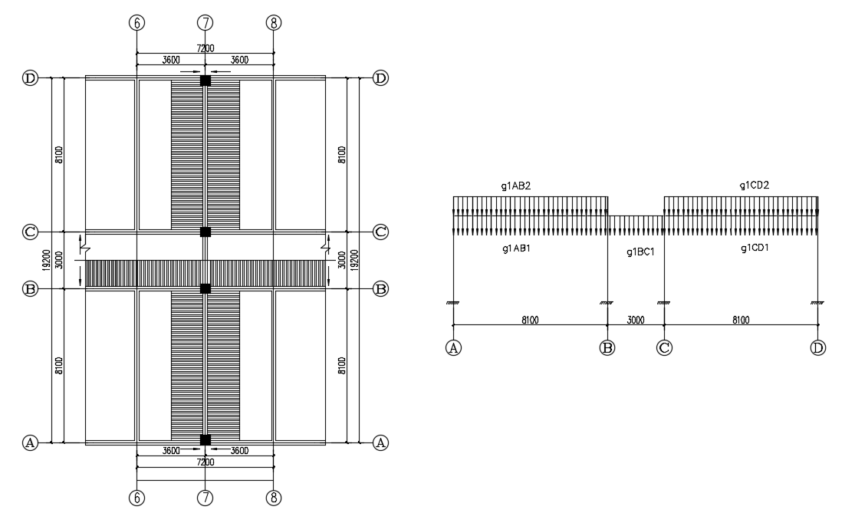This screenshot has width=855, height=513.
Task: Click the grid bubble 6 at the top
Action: click(x=136, y=23)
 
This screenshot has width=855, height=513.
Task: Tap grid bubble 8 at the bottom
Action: click(x=274, y=498)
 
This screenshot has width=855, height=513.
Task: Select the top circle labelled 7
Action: click(x=205, y=23)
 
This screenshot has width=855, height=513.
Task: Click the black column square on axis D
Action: click(x=205, y=81)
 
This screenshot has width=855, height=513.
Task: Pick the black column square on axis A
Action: click(x=205, y=440)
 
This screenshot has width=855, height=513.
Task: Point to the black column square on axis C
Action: click(x=205, y=232)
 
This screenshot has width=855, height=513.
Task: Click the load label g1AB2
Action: click(x=516, y=186)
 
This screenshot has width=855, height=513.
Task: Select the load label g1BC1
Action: click(x=640, y=252)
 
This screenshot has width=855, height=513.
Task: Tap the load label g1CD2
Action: click(x=754, y=186)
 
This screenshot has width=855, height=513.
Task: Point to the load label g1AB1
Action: click(x=516, y=248)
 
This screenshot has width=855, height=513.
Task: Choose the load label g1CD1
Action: click(x=755, y=248)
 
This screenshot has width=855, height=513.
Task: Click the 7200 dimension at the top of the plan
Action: click(x=205, y=48)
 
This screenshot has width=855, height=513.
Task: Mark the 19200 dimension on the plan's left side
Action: click(x=46, y=259)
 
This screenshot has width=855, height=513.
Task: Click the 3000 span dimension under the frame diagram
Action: click(x=635, y=320)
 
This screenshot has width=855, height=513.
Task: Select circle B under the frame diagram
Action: click(x=607, y=348)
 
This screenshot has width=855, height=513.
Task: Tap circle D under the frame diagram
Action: click(x=818, y=348)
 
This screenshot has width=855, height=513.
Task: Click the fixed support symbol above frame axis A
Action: click(x=453, y=303)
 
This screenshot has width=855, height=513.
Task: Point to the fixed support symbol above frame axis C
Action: click(x=663, y=303)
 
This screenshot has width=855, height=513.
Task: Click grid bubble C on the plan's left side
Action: click(x=30, y=232)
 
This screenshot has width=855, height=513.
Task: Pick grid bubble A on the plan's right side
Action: click(x=380, y=442)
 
